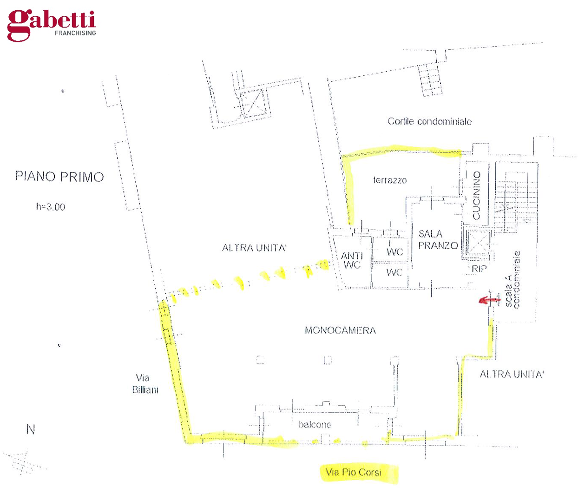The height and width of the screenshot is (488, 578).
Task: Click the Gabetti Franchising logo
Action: [52, 26]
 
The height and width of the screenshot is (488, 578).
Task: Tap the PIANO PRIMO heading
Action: [59, 177]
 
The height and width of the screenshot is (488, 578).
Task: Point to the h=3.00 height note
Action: [51, 207]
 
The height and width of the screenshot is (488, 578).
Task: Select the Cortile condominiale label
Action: [429, 121]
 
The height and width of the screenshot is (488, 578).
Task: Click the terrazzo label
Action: [390, 180]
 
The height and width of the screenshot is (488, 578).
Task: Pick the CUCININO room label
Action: [476, 195]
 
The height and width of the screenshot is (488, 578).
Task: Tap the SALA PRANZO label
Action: [438, 239]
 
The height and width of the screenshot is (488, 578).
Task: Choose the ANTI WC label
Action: [352, 260]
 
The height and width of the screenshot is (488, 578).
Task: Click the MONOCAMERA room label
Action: [340, 330]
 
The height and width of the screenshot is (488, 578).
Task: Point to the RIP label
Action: [479, 269]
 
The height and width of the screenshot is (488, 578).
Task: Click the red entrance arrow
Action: [489, 300]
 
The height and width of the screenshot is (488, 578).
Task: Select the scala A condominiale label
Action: [512, 279]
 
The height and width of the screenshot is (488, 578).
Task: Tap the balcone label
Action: [315, 425]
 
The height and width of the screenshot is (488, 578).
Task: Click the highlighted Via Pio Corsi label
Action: [354, 472]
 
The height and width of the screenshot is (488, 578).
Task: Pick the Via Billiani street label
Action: [145, 383]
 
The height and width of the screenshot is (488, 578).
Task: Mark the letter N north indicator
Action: [31, 429]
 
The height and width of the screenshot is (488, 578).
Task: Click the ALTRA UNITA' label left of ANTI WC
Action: [254, 248]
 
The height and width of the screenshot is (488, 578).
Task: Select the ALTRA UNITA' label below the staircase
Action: [512, 374]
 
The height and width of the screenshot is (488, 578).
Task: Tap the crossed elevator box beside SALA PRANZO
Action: [477, 244]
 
